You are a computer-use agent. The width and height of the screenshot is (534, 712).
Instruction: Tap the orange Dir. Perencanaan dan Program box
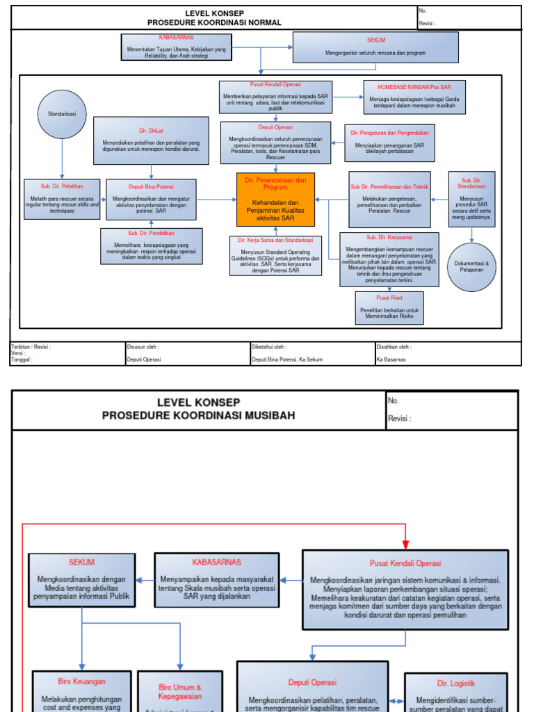(275, 199)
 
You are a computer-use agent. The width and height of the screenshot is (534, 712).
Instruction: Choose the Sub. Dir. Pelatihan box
(62, 199)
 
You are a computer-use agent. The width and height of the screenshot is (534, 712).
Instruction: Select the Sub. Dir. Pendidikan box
(151, 246)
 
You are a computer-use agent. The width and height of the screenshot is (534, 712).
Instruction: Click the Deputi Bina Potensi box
(151, 199)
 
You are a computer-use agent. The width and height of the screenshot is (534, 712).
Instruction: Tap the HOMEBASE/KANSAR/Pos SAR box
(414, 97)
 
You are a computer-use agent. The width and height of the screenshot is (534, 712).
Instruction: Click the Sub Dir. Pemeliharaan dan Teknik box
(389, 199)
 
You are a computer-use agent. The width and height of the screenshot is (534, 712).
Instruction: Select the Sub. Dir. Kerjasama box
(389, 259)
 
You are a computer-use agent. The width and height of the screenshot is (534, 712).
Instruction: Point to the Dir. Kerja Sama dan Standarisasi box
(275, 255)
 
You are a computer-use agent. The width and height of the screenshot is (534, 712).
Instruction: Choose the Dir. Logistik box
(456, 692)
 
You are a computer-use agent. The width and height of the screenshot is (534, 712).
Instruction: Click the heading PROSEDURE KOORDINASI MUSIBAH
(198, 416)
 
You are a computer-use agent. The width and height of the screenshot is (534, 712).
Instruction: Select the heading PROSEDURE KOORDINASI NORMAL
(214, 22)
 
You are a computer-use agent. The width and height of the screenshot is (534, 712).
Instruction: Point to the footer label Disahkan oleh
(394, 346)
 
